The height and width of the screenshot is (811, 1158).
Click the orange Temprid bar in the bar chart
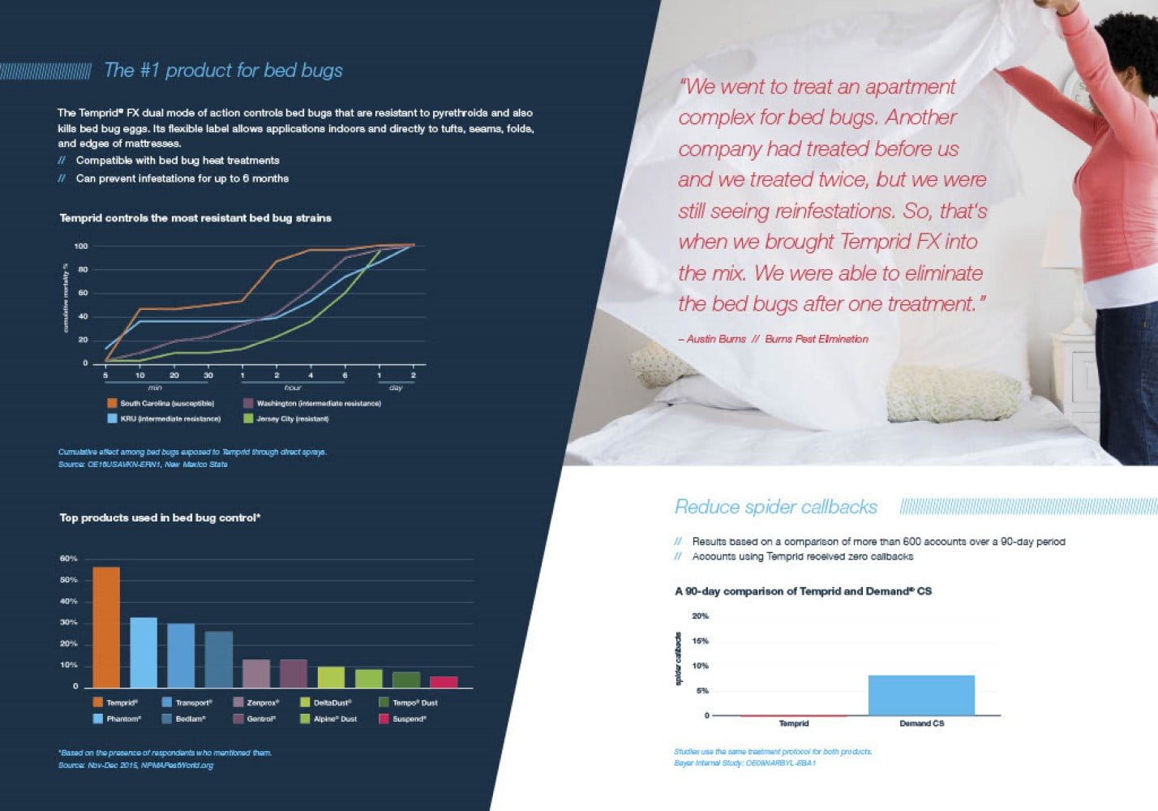coord(106,627)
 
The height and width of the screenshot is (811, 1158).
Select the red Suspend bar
coord(444,682)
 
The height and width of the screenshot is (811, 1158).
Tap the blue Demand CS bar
coord(921,695)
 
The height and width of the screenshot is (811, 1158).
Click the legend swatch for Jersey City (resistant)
coord(249,418)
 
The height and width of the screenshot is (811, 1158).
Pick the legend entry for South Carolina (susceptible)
coord(161,403)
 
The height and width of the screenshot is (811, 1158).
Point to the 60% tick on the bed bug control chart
coord(68,559)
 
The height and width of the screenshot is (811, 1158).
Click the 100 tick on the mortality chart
coord(80,246)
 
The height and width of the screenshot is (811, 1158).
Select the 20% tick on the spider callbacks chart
coord(700,616)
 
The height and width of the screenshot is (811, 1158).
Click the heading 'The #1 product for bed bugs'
coord(223,71)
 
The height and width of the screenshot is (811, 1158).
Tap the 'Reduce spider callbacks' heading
coord(776,507)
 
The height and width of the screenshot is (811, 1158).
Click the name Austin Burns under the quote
coord(715,339)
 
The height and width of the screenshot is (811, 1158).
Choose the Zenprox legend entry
coord(257,702)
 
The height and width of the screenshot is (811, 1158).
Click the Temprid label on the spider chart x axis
coord(793,723)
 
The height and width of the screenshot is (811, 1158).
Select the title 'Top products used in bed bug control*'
coord(160,517)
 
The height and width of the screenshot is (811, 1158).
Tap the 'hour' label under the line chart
coord(293,388)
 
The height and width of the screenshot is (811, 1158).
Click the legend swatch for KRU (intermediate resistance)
coord(113,418)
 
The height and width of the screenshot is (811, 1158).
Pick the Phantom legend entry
coord(118,719)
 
